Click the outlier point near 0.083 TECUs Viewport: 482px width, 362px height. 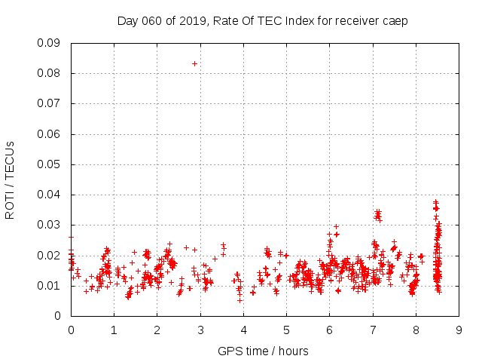tap(194, 63)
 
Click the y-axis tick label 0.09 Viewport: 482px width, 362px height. tap(50, 43)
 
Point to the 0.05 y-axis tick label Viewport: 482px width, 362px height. tap(50, 164)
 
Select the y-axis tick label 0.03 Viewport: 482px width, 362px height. tap(50, 225)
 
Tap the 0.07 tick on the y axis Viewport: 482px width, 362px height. tap(50, 103)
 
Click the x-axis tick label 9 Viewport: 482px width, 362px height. tap(459, 330)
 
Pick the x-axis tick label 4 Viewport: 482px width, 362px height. tap(243, 330)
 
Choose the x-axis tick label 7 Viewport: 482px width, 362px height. tap(373, 330)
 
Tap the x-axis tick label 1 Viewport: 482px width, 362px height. tap(114, 330)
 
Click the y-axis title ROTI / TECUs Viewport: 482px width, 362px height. tap(11, 179)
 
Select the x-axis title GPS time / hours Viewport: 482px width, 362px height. tap(263, 351)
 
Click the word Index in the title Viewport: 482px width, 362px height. tap(300, 21)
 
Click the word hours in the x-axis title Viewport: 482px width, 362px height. tap(292, 351)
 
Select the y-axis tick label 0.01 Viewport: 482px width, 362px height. tap(50, 286)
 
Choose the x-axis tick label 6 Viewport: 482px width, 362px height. tap(329, 330)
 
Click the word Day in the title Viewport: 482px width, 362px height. tap(127, 21)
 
